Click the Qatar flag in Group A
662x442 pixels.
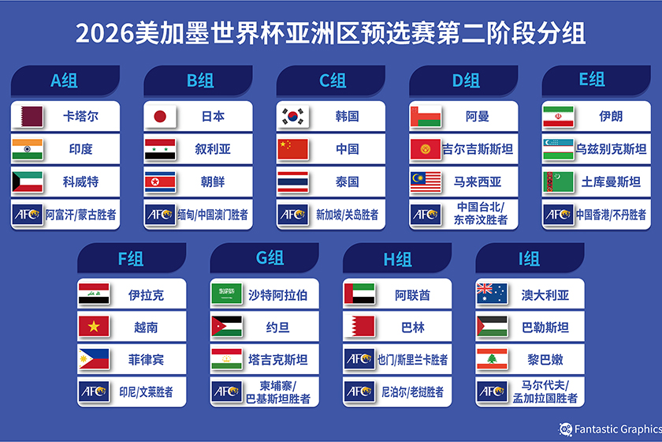point(28,116)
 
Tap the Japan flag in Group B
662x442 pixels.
point(160,116)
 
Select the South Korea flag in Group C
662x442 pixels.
point(292,116)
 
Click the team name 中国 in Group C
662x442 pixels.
point(347,149)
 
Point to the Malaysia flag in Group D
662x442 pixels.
point(426,182)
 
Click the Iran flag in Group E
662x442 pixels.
point(558,116)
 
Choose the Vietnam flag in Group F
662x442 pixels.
point(94,327)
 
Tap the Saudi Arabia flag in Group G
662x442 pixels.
point(227,294)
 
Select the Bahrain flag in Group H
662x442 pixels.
point(359,327)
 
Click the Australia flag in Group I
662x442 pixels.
point(492,294)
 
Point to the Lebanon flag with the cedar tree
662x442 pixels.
point(492,359)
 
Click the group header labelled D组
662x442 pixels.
point(463,81)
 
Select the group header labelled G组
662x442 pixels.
point(264,258)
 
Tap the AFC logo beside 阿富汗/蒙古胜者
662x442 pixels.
point(28,215)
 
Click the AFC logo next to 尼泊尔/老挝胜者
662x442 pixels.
point(359,391)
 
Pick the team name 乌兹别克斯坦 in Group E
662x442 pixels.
point(611,149)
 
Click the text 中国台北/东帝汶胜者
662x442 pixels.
point(481,213)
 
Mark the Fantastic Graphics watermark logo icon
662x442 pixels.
point(565,429)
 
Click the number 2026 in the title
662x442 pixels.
point(105,33)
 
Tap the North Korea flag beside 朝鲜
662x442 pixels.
point(160,182)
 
